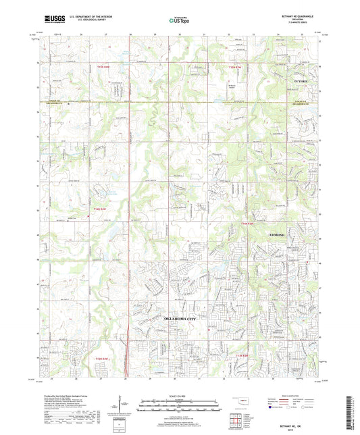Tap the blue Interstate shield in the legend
click(x=272, y=407)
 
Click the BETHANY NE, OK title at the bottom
click(x=296, y=424)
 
